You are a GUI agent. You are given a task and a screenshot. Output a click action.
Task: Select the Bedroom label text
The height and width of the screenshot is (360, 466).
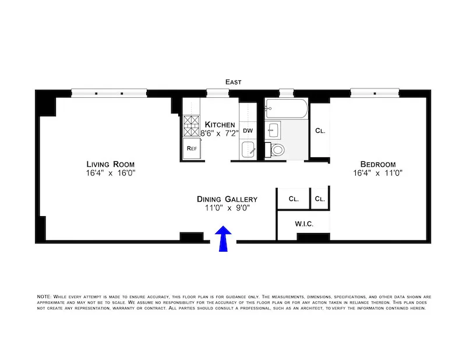click(x=377, y=164)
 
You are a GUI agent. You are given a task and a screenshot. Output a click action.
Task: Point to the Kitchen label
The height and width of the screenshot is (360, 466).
click(x=220, y=125)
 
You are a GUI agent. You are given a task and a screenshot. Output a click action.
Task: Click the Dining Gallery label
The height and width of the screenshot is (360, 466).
click(x=227, y=199)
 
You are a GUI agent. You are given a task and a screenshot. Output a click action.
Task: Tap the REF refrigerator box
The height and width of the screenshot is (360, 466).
click(x=191, y=148)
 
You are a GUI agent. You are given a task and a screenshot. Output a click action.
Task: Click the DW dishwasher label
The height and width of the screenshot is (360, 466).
click(x=248, y=130)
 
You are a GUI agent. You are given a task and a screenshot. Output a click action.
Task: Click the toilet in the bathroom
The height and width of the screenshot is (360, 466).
click(x=277, y=150)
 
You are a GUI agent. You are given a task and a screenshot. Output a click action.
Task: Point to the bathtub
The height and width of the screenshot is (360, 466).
click(x=285, y=108)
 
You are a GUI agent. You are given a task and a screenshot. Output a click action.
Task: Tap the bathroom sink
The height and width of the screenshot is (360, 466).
click(x=274, y=129)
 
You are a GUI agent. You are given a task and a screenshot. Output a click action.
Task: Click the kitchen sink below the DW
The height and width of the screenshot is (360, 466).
click(x=248, y=150)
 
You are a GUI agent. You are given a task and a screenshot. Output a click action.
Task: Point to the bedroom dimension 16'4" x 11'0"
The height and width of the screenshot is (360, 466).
click(x=377, y=173)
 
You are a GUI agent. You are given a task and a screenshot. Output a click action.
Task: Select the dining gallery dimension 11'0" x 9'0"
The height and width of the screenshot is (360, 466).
click(x=227, y=208)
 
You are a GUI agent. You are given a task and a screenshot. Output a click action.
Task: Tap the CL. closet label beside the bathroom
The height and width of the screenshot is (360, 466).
click(x=320, y=131)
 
